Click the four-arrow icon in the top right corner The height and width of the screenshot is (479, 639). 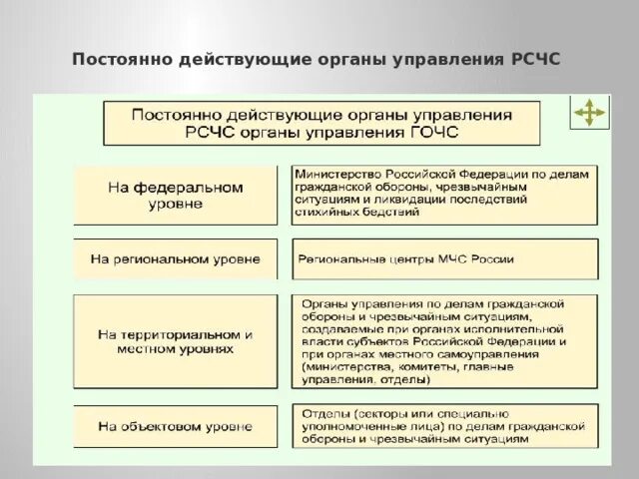[588, 115]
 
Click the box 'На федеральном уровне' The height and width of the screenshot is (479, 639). [175, 195]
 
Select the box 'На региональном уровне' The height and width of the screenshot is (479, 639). [175, 258]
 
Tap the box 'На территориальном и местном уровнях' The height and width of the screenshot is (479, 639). [175, 342]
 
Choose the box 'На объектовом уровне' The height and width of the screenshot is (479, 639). [175, 426]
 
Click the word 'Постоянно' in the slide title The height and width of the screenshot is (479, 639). [120, 59]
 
